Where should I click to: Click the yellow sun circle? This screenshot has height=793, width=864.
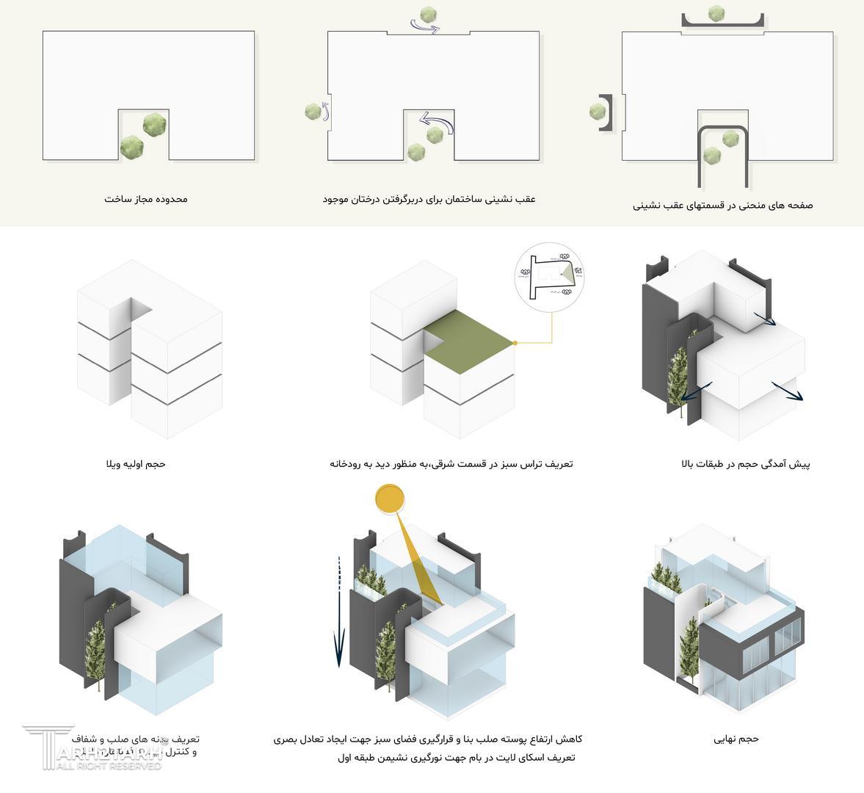pos(390,499)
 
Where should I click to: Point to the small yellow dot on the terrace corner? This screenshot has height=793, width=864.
pos(515,343)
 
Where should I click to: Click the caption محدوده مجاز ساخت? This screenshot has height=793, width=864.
pos(145,199)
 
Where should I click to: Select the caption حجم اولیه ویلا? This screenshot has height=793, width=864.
pos(136,464)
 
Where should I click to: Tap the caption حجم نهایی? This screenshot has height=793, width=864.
pos(736,739)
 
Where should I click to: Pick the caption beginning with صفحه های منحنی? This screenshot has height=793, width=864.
pos(722,206)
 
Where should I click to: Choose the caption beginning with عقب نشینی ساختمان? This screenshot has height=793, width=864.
pos(429,199)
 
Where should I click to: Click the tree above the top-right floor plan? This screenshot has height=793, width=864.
pos(716,14)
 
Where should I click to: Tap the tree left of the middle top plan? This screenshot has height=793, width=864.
pos(313,112)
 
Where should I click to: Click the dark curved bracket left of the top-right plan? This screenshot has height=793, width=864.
pos(606,112)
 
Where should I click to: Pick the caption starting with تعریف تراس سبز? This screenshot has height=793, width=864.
pos(451,464)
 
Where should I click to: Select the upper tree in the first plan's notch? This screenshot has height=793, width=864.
pos(153,124)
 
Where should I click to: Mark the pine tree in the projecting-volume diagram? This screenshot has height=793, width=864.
pos(679,378)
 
